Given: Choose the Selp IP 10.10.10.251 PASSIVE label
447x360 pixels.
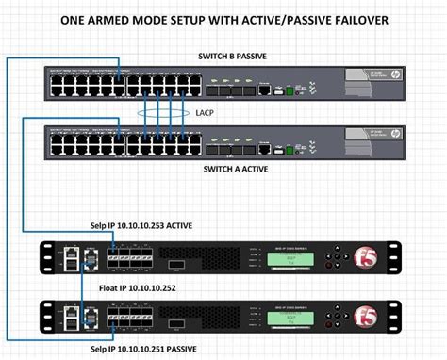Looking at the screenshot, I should pyautogui.click(x=157, y=351).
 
